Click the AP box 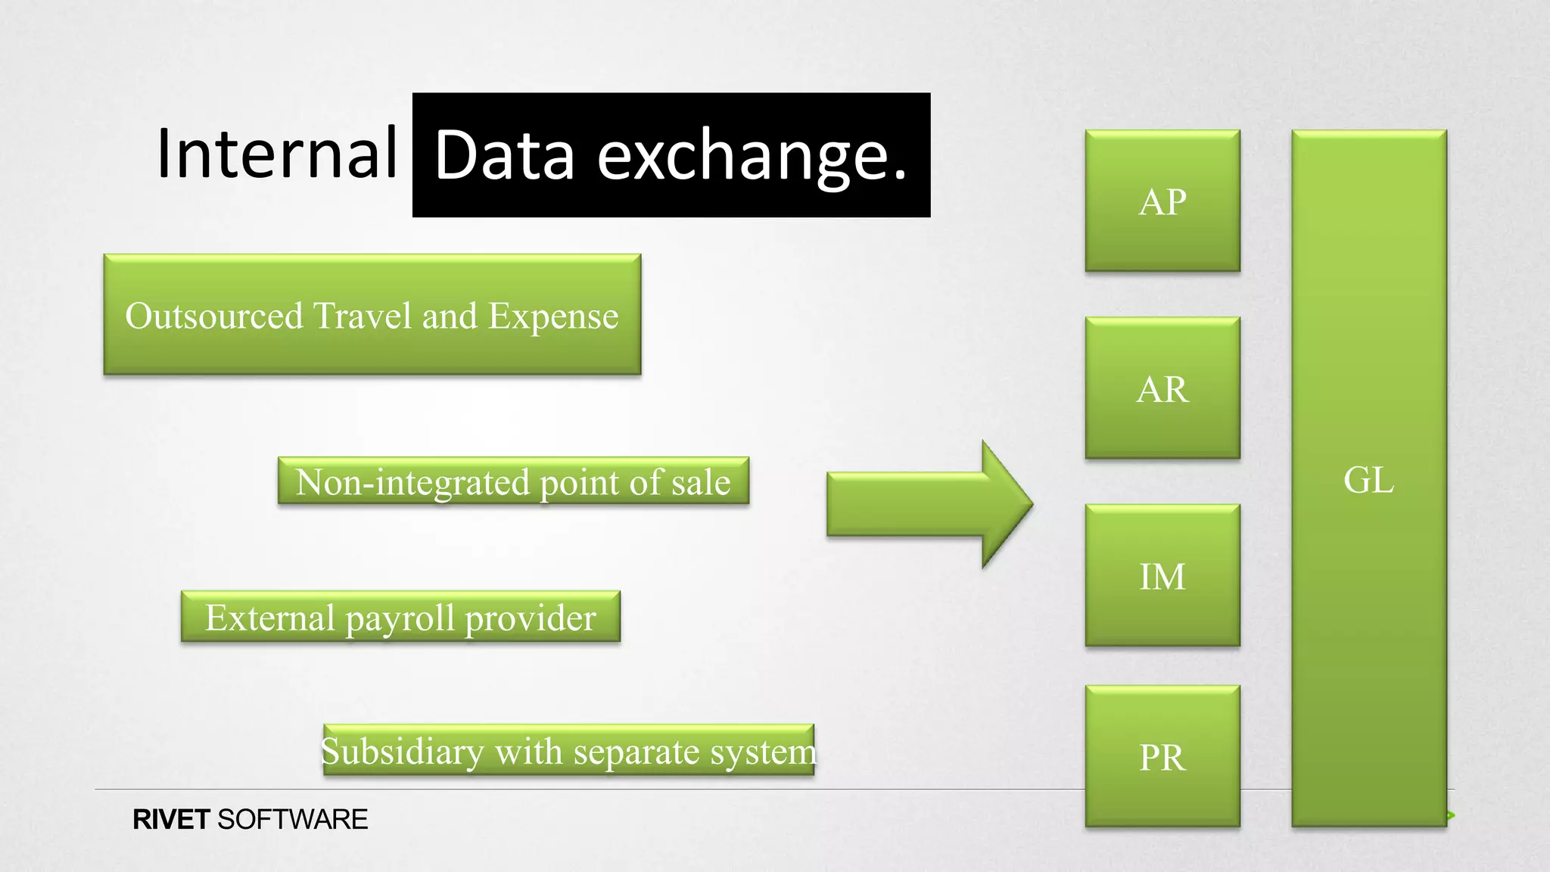pos(1162,201)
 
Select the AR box pos(1162,388)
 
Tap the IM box pos(1162,576)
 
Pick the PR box pos(1162,756)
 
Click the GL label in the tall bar pos(1368,480)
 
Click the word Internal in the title pos(276,154)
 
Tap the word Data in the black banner pos(505,156)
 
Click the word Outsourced pos(214,316)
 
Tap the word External pos(269,618)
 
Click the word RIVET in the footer pos(171,820)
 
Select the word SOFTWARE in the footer pos(292,820)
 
